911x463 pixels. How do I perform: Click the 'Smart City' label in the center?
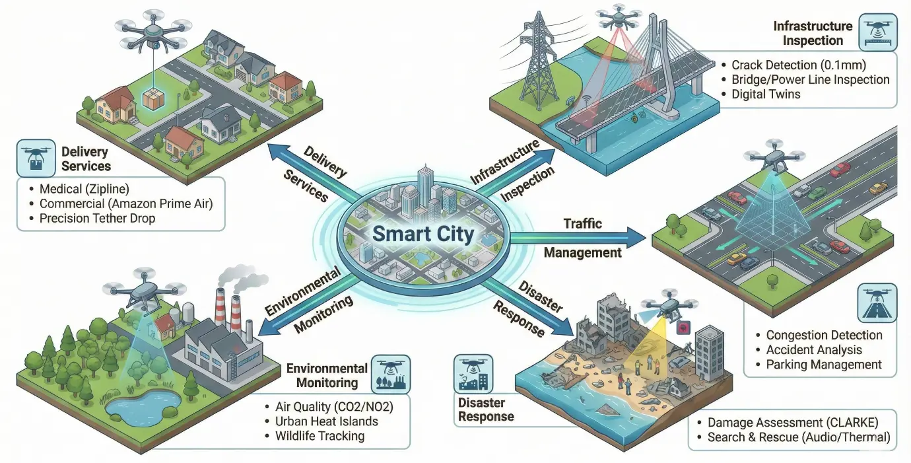(x=423, y=234)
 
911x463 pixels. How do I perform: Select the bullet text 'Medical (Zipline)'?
(x=84, y=189)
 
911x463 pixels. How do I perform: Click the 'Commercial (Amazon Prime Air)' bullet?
(x=126, y=203)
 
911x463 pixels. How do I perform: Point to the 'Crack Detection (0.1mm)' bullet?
(x=799, y=65)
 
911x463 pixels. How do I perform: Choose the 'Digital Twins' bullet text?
(x=766, y=94)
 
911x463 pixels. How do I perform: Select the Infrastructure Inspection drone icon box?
(x=878, y=32)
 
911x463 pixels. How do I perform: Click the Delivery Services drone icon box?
(x=36, y=158)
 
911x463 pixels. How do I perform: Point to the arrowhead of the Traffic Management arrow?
(x=636, y=237)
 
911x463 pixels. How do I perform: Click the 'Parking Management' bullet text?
(x=824, y=365)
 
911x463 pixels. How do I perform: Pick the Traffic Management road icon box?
(x=877, y=303)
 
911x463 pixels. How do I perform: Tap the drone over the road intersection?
(x=774, y=157)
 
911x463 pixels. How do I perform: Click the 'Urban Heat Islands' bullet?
(x=327, y=421)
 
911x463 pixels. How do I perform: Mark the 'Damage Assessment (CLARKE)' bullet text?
(x=793, y=422)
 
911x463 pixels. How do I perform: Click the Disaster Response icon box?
(x=473, y=373)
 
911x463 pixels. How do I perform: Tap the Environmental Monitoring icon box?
(x=391, y=374)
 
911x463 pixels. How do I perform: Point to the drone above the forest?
(x=144, y=291)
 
